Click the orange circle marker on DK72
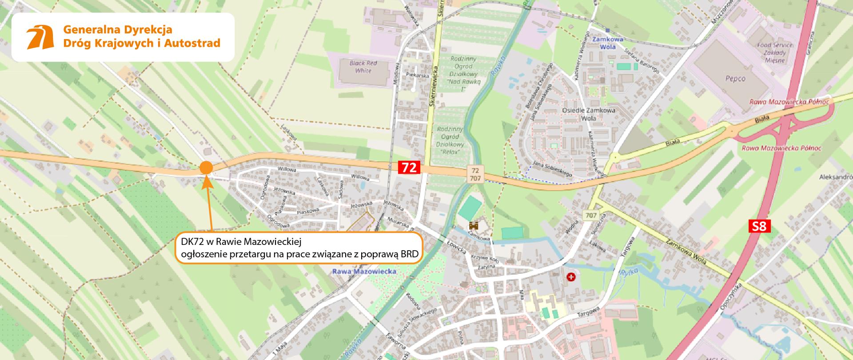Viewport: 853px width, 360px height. tap(206, 168)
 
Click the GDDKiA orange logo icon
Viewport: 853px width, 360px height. tap(39, 37)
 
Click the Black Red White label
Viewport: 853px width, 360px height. tap(363, 67)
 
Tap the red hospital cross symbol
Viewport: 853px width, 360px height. tap(570, 277)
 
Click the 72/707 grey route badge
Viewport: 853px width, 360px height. tap(475, 174)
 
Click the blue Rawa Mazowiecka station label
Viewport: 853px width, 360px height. tap(363, 271)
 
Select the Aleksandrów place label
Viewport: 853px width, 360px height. tap(836, 177)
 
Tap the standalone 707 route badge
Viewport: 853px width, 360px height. tap(590, 215)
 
